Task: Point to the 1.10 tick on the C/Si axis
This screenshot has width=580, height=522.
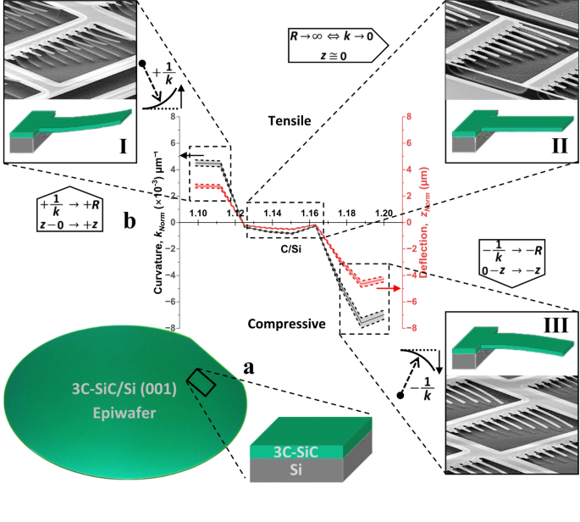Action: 200,211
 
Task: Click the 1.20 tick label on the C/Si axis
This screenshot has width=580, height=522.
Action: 384,211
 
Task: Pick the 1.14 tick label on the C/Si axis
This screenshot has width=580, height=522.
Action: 274,211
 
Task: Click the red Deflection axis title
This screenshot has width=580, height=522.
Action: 421,222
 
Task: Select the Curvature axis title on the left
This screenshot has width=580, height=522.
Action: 158,222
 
